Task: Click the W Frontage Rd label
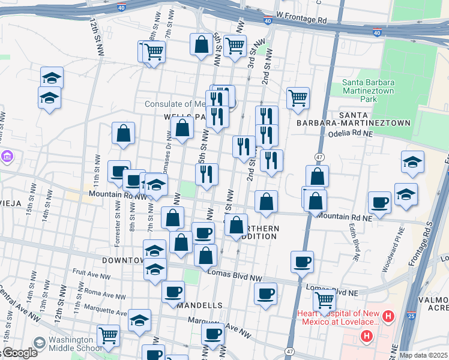(x=301, y=20)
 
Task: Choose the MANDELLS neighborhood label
(x=200, y=305)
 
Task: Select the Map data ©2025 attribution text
(x=423, y=355)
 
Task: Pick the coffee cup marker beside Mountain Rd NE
(x=379, y=202)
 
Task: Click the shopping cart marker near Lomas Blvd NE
(x=324, y=299)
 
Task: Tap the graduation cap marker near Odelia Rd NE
(x=412, y=162)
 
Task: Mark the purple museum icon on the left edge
(x=7, y=158)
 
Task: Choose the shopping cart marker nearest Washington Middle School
(x=108, y=335)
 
